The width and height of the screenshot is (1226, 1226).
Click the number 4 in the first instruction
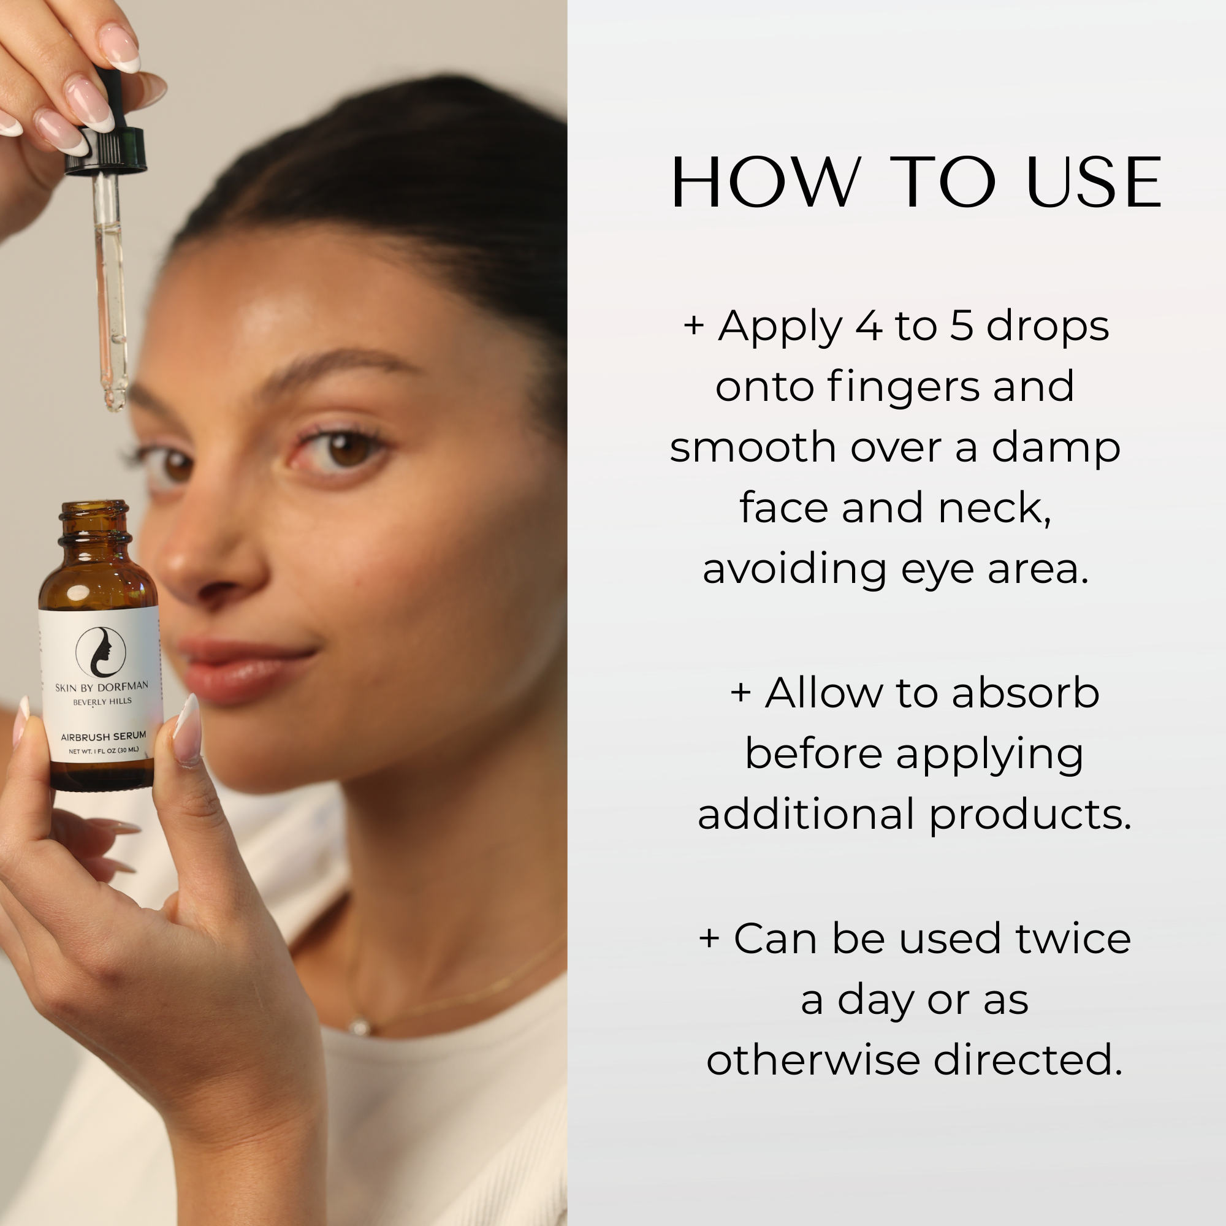pos(869,326)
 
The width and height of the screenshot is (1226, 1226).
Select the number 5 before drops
pos(961,326)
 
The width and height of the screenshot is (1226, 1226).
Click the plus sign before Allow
pos(741,692)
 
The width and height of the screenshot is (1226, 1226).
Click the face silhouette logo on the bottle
pos(101,652)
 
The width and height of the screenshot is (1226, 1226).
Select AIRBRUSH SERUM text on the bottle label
pos(104,737)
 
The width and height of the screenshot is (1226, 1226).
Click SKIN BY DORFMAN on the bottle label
pos(102,687)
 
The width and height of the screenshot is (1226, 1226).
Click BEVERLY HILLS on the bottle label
pos(102,702)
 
